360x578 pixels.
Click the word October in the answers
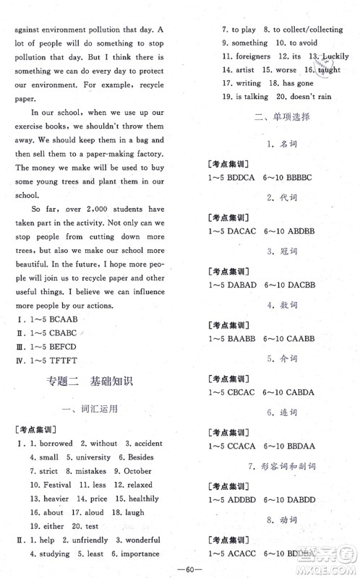[137, 471]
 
